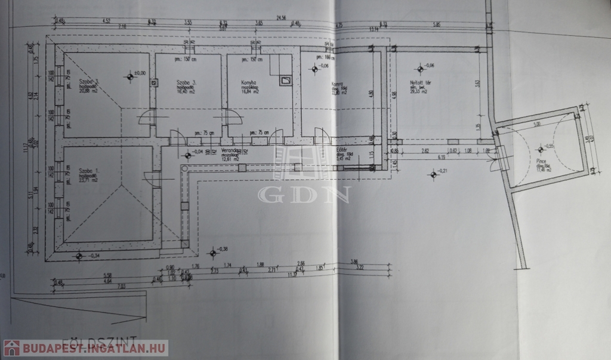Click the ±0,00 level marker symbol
pos(129,76)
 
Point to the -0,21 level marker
pos(433,174)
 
